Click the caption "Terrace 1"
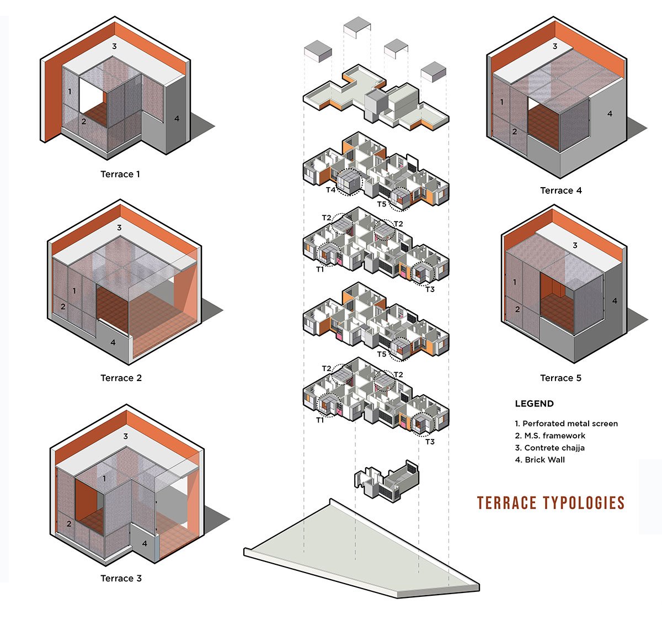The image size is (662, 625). point(120,174)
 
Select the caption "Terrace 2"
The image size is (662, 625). point(121,378)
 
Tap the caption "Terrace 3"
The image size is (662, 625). point(121,579)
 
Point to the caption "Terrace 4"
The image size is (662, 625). point(560,190)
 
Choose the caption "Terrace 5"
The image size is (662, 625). point(560,378)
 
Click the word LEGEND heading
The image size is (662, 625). point(534,404)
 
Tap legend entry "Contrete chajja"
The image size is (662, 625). point(549,448)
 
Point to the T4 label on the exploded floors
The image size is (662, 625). point(330,190)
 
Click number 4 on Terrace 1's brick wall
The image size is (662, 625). point(177,118)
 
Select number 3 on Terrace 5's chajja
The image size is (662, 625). point(575,245)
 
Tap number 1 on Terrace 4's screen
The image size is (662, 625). point(501,102)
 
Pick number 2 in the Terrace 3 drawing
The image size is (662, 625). point(69,523)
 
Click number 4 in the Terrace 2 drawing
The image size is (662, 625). point(113,342)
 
